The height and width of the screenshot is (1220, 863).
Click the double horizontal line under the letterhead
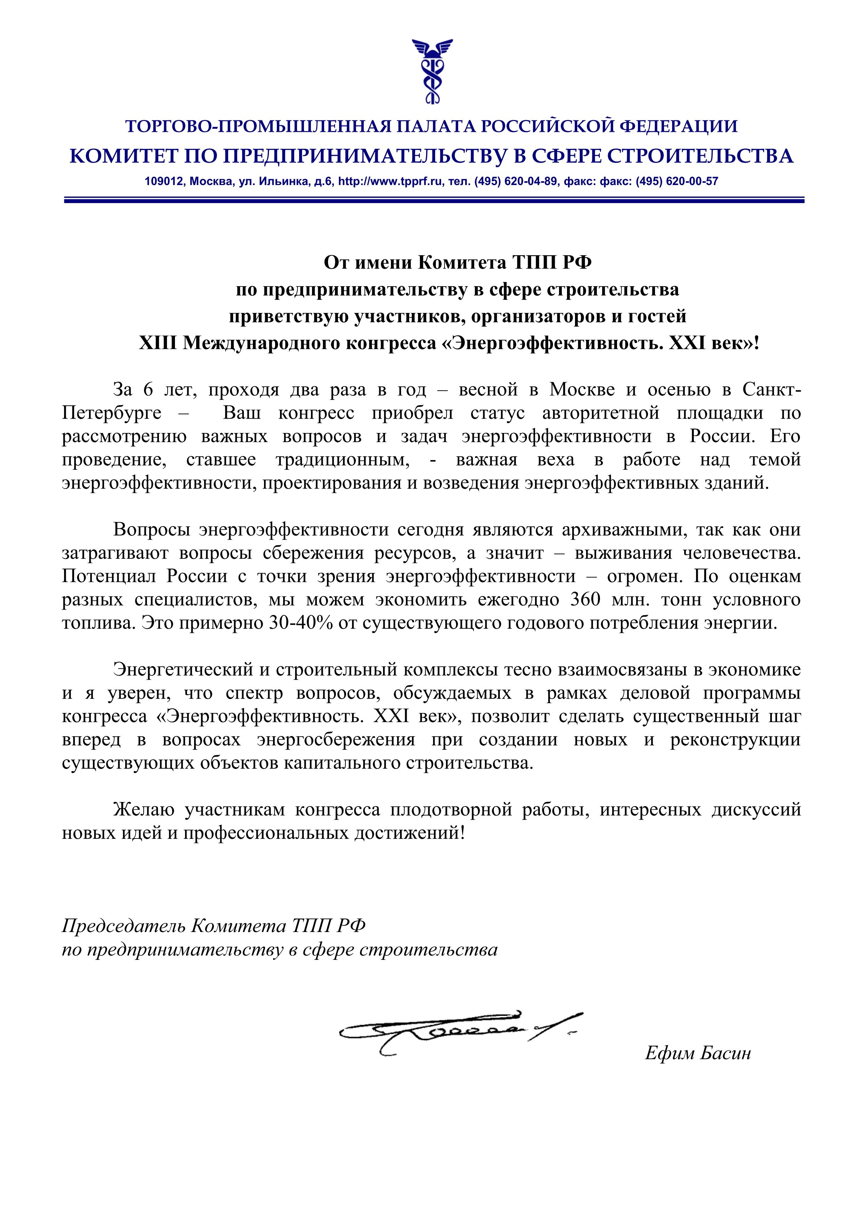point(434,200)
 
